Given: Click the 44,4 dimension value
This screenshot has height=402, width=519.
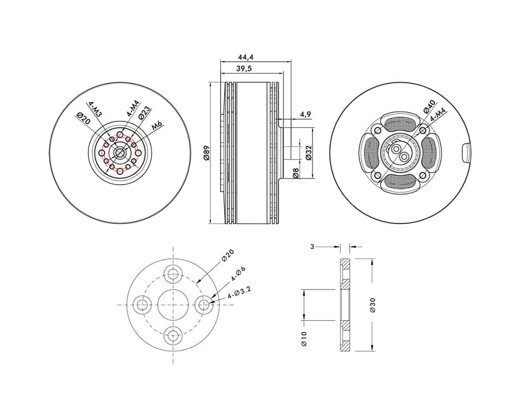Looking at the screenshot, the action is click(x=246, y=57).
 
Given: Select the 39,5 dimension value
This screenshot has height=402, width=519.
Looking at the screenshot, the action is click(x=244, y=69).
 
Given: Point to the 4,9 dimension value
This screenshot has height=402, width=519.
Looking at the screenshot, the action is click(x=305, y=115).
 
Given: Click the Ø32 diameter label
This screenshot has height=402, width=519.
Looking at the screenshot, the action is click(x=309, y=152).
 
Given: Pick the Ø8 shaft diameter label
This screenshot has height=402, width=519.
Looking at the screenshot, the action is click(x=296, y=173).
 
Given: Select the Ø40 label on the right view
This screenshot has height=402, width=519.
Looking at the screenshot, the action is click(x=428, y=107).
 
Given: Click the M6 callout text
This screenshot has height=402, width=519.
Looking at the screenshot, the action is click(x=157, y=126).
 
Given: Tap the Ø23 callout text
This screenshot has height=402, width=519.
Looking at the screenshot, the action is click(x=144, y=113).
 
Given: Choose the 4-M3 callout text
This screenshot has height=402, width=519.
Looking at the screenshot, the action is click(x=95, y=109).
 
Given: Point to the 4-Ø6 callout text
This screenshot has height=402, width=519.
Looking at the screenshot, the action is click(x=238, y=274).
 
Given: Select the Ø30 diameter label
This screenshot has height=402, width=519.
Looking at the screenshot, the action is click(x=373, y=305).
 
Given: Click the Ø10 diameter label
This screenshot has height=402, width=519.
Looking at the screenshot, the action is click(x=304, y=339).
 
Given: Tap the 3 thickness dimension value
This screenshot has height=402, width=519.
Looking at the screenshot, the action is click(x=312, y=246).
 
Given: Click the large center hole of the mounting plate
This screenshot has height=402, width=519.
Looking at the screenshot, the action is click(x=173, y=305).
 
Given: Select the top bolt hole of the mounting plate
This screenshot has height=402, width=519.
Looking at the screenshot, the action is click(x=173, y=273).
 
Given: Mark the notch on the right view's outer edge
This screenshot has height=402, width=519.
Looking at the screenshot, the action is click(x=466, y=152).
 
